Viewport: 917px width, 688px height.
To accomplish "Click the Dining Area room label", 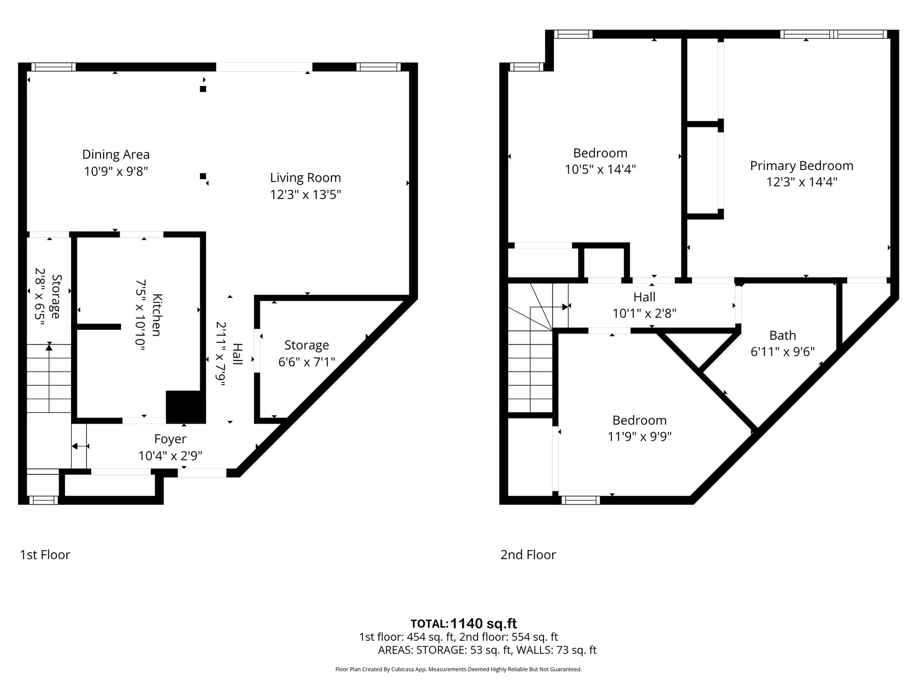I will (116, 154).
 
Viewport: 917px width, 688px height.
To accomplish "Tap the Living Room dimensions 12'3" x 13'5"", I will (305, 195).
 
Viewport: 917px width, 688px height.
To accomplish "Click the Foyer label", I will (170, 439).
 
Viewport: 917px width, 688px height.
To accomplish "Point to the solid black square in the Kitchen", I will (185, 406).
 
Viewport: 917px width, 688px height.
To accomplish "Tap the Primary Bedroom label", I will (801, 166).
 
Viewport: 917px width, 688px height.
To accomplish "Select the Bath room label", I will (782, 335).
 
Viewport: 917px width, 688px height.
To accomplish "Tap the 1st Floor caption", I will (45, 555).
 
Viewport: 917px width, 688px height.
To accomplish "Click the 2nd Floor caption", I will (528, 555).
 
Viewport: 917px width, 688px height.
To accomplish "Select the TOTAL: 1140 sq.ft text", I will (463, 623).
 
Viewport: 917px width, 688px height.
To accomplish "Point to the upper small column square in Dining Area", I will (203, 89).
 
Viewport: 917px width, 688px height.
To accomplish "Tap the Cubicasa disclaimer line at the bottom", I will (458, 669).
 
